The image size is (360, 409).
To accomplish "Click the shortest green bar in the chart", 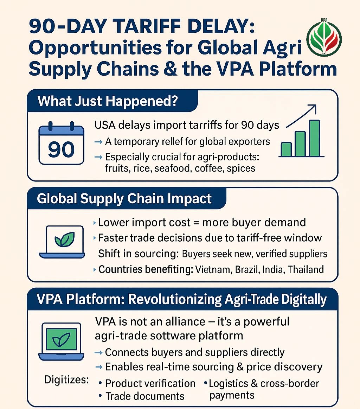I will [x=287, y=149].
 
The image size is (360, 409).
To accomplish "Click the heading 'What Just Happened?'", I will [x=108, y=101].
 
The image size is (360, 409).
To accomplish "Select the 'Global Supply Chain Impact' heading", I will [x=124, y=199].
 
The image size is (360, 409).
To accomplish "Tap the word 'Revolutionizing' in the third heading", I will [x=175, y=300].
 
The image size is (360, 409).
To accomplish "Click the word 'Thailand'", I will [x=306, y=270].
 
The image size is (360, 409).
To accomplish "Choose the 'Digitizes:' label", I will [x=67, y=380].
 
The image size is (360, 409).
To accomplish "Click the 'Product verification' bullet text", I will [x=150, y=383].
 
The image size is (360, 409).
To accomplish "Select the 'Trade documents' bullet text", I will [x=145, y=396].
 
